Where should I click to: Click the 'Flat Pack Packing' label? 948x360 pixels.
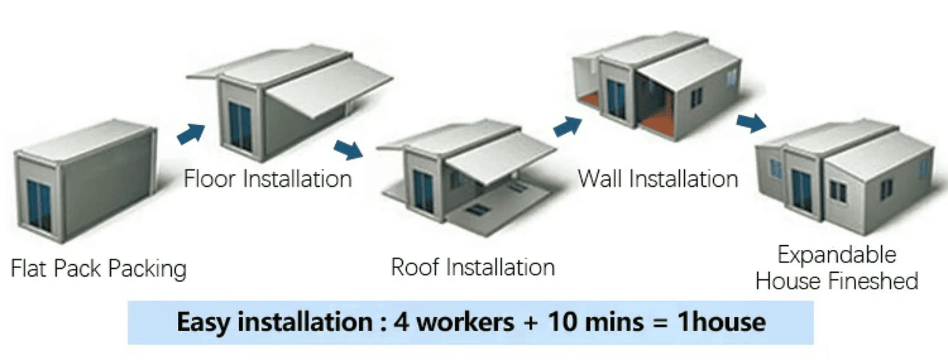98,268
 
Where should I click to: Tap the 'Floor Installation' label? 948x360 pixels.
268,178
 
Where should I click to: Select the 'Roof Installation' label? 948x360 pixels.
473,268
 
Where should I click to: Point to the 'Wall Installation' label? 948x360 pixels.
657,178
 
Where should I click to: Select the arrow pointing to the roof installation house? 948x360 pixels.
348,150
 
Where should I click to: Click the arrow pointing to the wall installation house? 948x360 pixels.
567,127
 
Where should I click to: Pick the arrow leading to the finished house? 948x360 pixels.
751,123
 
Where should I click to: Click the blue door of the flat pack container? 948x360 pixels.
39,206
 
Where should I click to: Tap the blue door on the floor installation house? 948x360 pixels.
240,126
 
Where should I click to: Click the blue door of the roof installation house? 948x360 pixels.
423,191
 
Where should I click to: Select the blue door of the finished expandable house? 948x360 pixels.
802,190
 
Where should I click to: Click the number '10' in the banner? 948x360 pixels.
564,323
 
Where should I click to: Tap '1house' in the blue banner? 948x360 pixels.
722,323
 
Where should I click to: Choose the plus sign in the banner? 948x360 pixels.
531,323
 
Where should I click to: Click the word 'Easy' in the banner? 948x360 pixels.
204,323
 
